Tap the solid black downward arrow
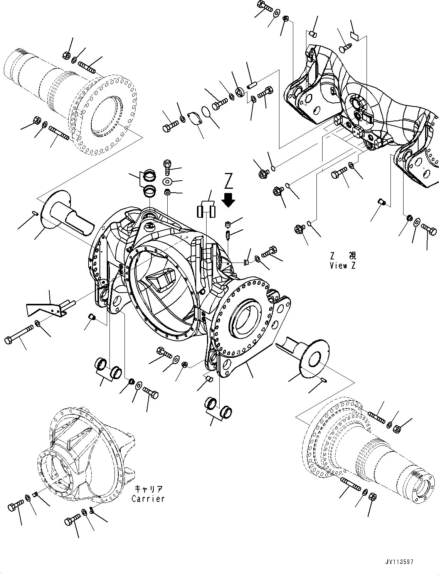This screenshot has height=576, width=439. click(229, 200)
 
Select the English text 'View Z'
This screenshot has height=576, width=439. click(343, 266)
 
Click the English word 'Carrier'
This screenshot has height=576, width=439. click(148, 499)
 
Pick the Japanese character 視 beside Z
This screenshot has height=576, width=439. click(352, 256)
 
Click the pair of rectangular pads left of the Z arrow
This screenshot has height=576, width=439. click(207, 211)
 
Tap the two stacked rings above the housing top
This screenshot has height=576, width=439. click(148, 183)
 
